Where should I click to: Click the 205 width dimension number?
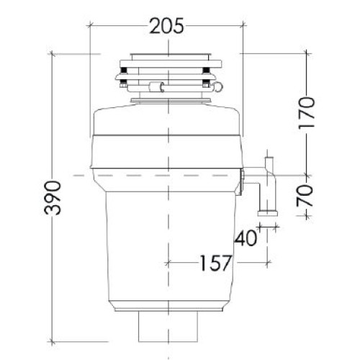coord(166,26)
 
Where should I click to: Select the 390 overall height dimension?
coord(53,198)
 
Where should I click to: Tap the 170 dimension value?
coord(306,113)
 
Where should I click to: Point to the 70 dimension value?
coord(305,196)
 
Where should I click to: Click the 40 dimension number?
coord(246,238)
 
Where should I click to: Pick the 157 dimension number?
coord(216,263)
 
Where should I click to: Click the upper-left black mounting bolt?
coord(124,70)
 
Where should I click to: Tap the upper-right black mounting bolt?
coord(206,70)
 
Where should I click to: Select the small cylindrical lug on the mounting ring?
coord(156,87)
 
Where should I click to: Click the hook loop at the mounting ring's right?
coord(218,87)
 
